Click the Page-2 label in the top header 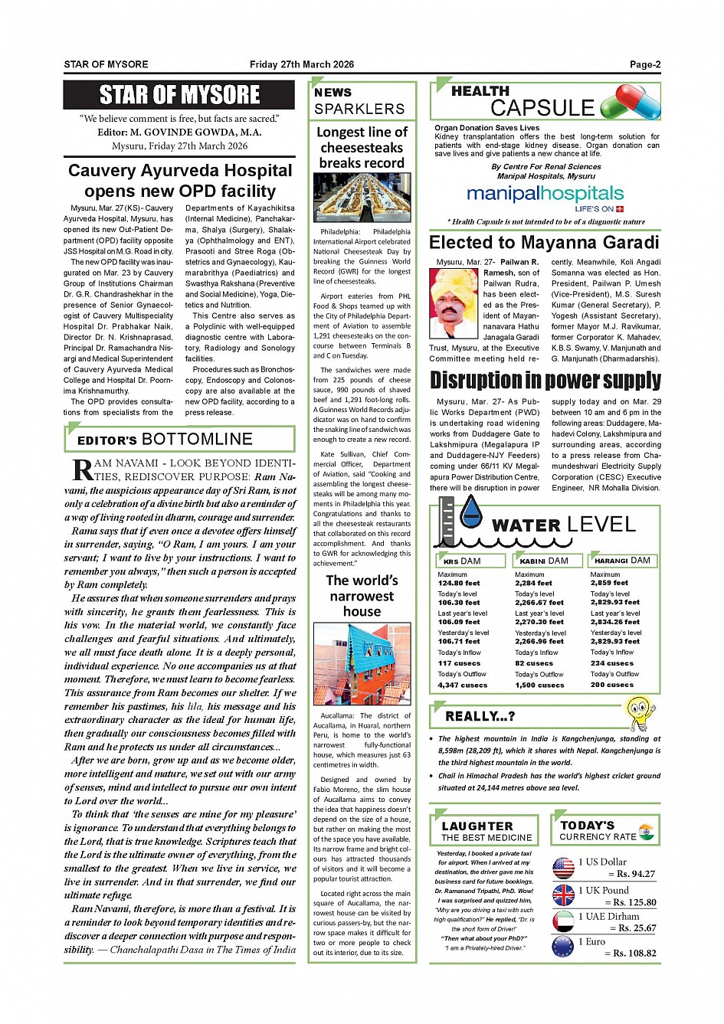[645, 64]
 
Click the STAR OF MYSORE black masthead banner [179, 95]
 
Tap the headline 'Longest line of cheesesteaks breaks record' [362, 147]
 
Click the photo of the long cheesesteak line [362, 198]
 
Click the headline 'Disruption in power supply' [545, 380]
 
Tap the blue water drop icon [470, 511]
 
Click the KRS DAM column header [470, 561]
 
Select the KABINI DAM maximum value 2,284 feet [534, 583]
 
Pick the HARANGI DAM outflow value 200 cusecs [611, 685]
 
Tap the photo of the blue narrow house [362, 664]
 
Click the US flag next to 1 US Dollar [563, 868]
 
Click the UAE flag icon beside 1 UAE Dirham [563, 921]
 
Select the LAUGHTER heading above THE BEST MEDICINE [477, 826]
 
